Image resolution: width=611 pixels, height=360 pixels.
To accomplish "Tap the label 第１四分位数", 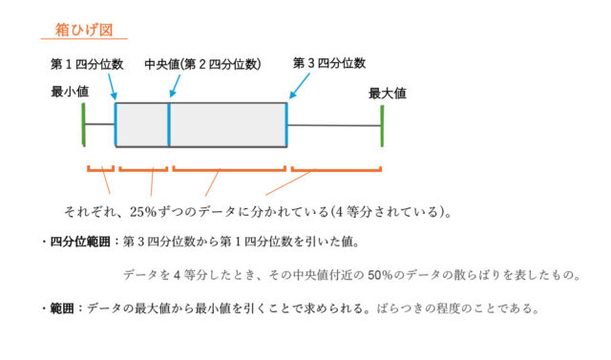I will (87, 64).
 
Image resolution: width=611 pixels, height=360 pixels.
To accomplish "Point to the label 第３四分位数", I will (328, 63).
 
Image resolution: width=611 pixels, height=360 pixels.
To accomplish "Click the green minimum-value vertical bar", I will (85, 124).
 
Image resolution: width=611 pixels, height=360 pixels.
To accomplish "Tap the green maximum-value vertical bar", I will (382, 124).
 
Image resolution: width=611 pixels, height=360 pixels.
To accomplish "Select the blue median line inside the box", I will (169, 124).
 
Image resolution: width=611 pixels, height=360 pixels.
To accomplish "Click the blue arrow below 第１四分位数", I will (113, 88).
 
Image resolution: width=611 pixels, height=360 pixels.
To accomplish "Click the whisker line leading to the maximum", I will (334, 125).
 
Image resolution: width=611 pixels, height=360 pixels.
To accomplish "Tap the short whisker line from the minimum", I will (99, 124).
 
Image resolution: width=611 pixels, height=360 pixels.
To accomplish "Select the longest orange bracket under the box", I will (229, 170).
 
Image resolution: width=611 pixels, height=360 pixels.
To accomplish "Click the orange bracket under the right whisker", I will (336, 170).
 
